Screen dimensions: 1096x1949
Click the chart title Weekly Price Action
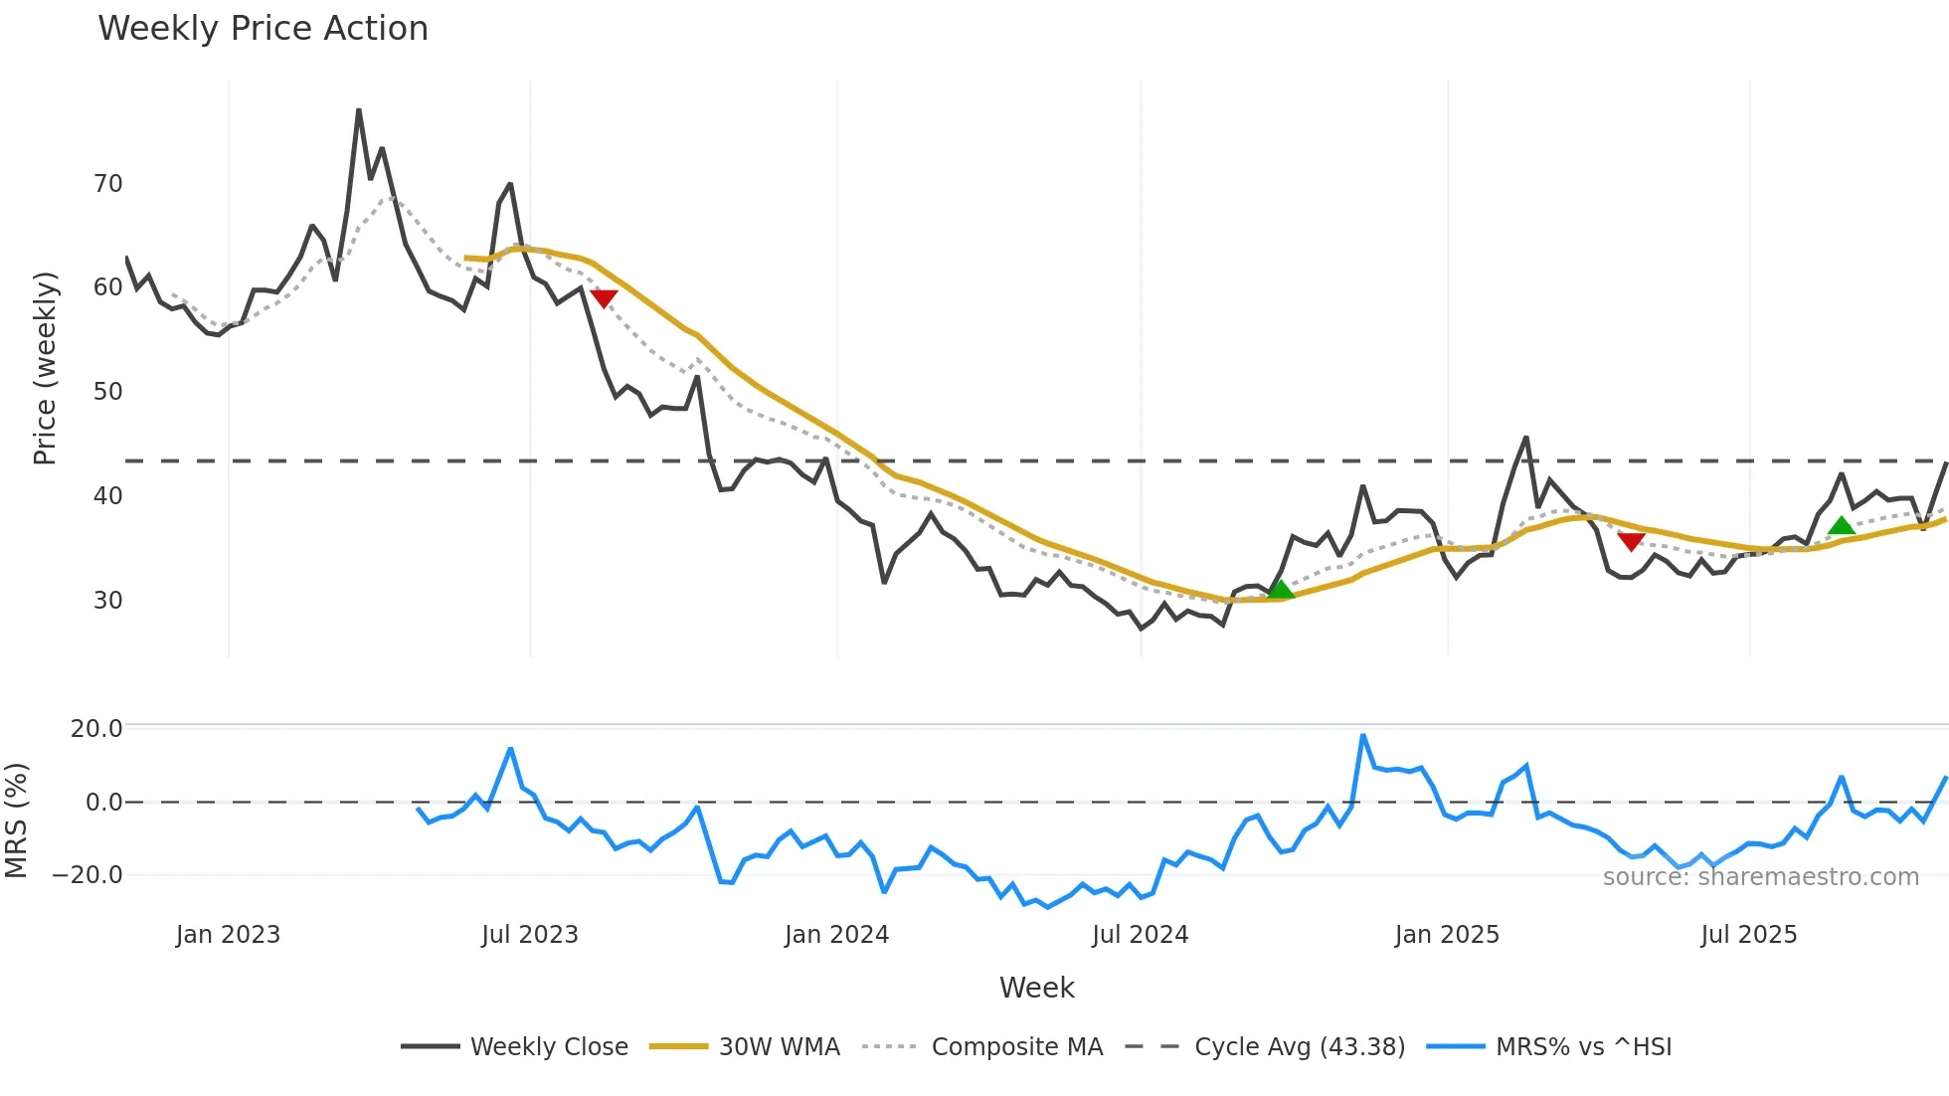263,29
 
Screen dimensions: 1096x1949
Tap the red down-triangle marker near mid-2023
604,297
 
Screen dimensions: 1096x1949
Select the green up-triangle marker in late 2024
1281,590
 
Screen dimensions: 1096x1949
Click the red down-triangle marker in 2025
1631,540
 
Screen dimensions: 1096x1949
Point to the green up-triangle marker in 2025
1842,525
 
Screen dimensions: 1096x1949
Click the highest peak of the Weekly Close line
359,109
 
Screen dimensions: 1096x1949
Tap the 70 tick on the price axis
107,184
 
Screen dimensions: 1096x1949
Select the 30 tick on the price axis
107,601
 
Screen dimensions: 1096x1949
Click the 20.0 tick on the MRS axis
96,729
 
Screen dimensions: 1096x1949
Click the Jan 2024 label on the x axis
836,935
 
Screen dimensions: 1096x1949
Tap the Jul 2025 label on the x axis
1748,935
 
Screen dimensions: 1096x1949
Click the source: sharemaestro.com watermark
1760,877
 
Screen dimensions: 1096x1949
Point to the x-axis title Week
1036,988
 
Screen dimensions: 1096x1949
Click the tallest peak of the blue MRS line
1363,736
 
